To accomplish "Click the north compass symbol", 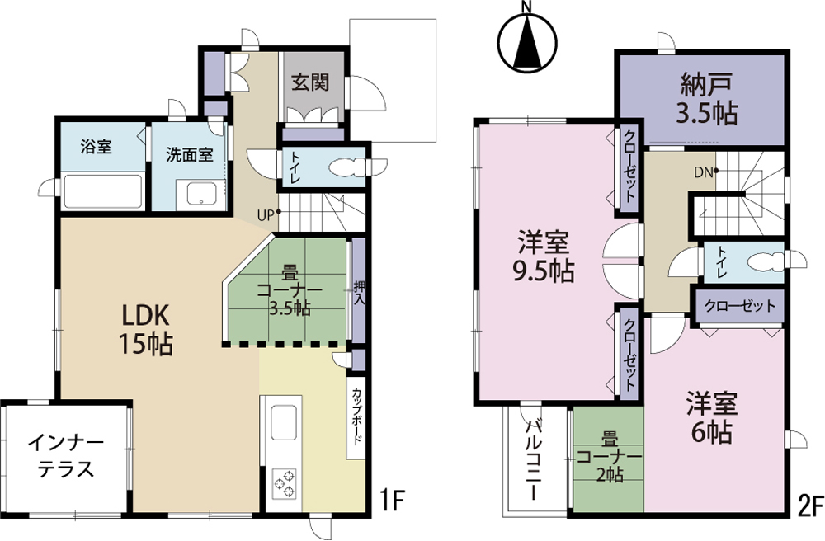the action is (528, 42).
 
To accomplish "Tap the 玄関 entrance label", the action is (310, 82).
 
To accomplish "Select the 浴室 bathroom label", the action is (97, 146).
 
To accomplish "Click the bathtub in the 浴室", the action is (102, 191).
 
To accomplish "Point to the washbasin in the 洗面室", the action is (200, 195).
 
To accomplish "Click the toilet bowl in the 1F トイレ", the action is (346, 167).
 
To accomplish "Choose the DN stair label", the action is (703, 172).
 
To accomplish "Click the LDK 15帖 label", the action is (146, 330).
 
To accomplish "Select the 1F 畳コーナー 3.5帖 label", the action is (289, 291).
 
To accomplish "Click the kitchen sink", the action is (284, 423).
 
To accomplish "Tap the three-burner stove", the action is (284, 483).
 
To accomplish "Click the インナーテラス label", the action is (66, 454).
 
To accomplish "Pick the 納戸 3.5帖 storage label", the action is (707, 98).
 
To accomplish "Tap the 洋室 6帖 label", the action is (711, 418).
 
